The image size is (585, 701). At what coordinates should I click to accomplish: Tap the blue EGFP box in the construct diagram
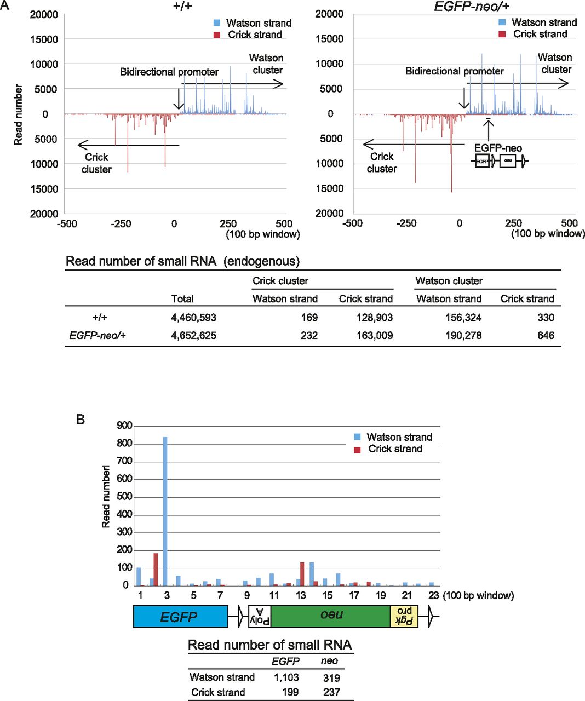click(180, 617)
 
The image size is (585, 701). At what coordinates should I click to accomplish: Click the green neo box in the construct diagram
click(330, 617)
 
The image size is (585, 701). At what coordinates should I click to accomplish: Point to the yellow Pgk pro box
click(404, 617)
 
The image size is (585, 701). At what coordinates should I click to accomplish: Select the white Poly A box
click(260, 617)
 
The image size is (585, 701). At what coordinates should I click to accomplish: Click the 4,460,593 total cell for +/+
click(193, 318)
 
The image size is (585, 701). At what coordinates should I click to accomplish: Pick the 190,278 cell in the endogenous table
click(463, 336)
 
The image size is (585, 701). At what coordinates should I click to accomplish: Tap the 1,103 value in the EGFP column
click(286, 677)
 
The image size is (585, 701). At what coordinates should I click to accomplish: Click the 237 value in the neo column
click(331, 692)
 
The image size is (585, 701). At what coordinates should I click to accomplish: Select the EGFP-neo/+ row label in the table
click(97, 336)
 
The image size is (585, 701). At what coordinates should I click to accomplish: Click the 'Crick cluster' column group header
click(280, 281)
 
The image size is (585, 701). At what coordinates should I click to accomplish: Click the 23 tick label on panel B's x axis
click(433, 596)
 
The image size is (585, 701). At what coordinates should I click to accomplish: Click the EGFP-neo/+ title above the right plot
click(472, 6)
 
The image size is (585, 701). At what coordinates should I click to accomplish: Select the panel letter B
click(81, 420)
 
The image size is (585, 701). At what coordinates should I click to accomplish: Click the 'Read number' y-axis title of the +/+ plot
click(18, 114)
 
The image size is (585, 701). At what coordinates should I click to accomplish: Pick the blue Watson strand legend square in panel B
click(357, 437)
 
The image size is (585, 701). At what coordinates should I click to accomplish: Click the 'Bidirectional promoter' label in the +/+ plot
click(169, 72)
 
